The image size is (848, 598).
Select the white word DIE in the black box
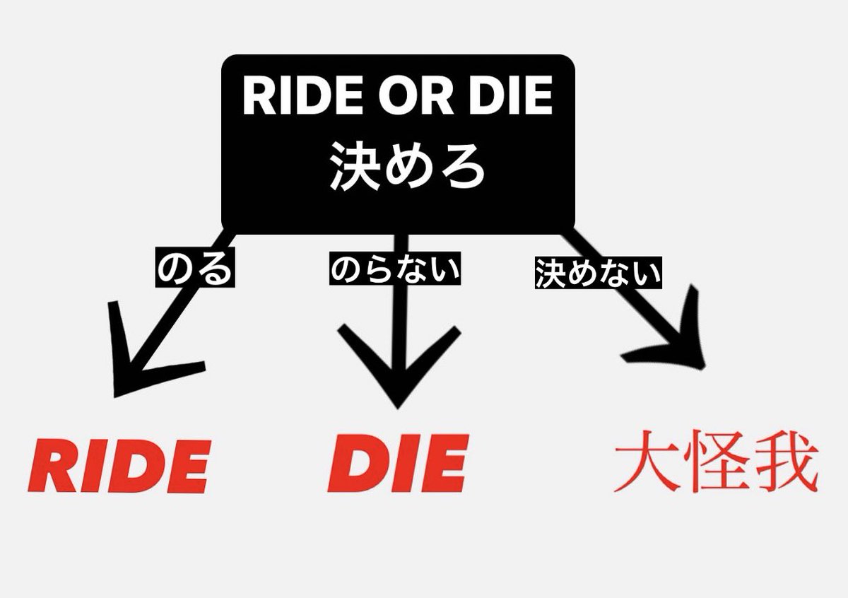pos(505,98)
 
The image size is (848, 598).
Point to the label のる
pos(194,269)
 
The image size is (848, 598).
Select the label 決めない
pos(598,273)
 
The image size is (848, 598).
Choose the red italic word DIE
pos(398,464)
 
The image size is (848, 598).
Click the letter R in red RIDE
pos(55,466)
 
